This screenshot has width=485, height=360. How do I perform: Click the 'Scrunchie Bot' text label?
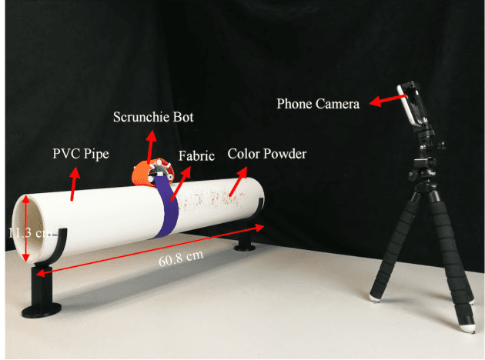153,117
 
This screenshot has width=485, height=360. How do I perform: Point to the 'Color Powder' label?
267,154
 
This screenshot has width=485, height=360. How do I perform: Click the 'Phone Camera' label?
318,102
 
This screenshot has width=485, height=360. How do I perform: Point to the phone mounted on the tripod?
416,104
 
